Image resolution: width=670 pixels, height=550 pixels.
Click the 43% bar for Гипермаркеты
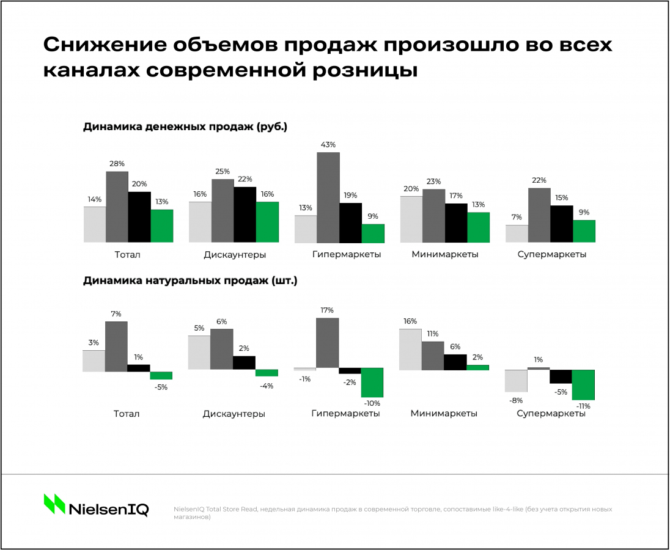[328, 197]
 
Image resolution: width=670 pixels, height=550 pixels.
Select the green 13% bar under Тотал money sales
[162, 226]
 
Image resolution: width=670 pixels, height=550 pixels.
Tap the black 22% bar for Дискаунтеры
[245, 214]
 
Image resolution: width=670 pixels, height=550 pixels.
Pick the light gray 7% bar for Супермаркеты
[517, 233]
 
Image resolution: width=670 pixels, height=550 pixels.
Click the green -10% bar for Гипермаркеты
[372, 382]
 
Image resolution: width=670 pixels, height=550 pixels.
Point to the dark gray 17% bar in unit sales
[328, 343]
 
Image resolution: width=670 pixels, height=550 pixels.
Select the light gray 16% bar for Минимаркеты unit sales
[410, 349]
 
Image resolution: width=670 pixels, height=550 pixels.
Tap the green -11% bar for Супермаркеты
[583, 384]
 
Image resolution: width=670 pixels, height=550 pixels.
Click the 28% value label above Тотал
[117, 164]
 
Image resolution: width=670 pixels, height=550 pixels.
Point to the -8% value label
[516, 400]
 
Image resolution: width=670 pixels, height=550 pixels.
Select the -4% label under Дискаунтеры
[267, 386]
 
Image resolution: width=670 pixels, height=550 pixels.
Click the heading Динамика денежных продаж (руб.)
[185, 127]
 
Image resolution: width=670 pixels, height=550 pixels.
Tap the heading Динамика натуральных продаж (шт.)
[190, 281]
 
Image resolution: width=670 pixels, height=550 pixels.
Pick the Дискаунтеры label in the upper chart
[234, 254]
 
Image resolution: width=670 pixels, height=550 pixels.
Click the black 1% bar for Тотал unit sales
[139, 367]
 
